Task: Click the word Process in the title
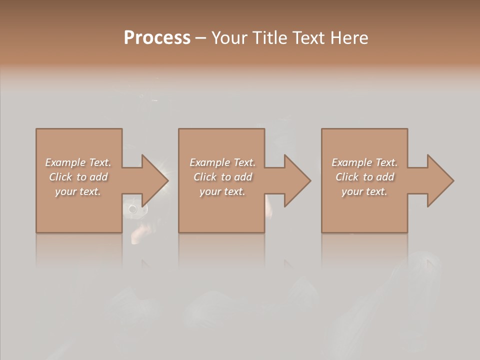click(157, 37)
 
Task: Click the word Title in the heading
click(268, 37)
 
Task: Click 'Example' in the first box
click(65, 162)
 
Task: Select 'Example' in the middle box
click(209, 162)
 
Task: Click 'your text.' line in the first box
click(78, 191)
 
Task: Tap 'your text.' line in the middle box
click(222, 191)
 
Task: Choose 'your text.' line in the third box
click(364, 191)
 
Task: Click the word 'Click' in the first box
click(60, 177)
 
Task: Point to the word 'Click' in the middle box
click(205, 177)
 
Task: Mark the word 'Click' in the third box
click(347, 177)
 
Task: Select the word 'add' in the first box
click(98, 177)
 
